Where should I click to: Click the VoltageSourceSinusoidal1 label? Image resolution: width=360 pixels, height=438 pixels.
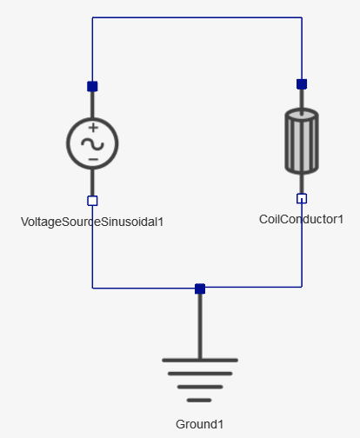click(x=92, y=222)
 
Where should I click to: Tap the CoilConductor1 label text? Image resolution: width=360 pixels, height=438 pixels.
click(x=301, y=219)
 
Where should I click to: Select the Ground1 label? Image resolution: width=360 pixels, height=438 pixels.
click(x=199, y=424)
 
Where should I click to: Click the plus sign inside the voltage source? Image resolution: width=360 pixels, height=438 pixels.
click(x=93, y=128)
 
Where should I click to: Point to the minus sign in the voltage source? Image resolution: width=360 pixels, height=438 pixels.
click(x=93, y=159)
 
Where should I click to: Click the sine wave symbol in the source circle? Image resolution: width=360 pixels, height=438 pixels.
click(x=92, y=144)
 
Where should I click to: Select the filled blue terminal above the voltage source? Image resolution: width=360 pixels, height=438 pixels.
click(x=92, y=86)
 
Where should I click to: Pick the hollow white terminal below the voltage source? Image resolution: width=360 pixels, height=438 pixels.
click(x=92, y=201)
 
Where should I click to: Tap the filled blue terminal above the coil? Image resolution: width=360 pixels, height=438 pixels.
click(x=302, y=84)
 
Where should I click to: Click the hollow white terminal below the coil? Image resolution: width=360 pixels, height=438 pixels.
click(x=302, y=199)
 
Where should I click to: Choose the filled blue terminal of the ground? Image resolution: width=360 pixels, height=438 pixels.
click(x=200, y=289)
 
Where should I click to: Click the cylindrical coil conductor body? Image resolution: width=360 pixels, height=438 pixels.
click(x=302, y=141)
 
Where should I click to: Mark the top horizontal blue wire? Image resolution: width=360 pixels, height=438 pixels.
click(x=197, y=17)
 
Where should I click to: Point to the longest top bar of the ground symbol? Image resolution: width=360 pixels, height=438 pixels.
click(x=200, y=361)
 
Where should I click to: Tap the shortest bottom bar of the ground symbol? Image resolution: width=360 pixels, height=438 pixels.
click(x=199, y=401)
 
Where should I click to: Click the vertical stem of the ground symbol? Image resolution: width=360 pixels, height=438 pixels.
click(x=200, y=326)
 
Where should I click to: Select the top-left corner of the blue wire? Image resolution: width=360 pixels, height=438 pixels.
click(x=92, y=17)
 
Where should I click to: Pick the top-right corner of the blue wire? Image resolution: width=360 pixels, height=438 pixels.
click(x=302, y=17)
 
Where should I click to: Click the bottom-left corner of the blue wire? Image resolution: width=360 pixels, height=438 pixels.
click(x=92, y=289)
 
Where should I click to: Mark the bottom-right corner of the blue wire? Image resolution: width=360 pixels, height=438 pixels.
click(x=302, y=287)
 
